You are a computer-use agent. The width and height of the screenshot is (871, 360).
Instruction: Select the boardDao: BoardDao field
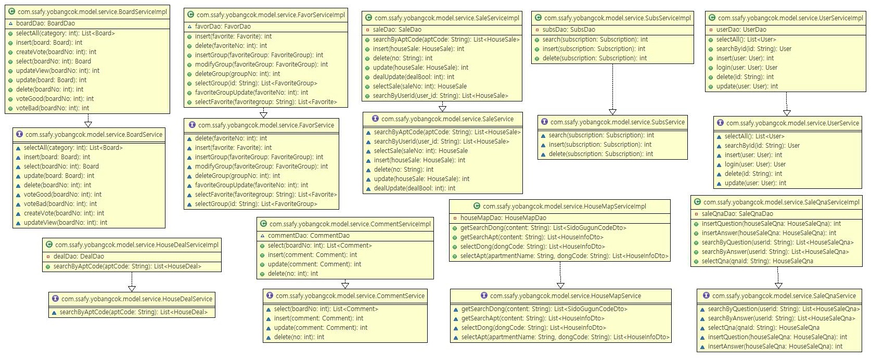click(x=45, y=23)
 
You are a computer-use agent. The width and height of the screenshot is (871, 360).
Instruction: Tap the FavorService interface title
click(x=266, y=125)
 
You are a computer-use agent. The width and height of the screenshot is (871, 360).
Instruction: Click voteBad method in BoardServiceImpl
click(x=52, y=108)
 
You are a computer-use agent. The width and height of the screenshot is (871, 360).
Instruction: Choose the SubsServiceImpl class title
click(x=617, y=18)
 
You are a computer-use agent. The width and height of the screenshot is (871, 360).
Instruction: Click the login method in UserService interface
click(x=755, y=164)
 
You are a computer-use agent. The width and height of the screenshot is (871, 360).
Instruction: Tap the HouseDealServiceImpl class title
click(x=137, y=245)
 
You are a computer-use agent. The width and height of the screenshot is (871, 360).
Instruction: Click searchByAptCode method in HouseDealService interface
click(x=133, y=312)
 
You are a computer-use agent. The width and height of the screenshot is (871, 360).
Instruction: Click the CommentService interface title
click(x=350, y=296)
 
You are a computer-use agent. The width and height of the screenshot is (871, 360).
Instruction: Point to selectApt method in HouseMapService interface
click(x=565, y=337)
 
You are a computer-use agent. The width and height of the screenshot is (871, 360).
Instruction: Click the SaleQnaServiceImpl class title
click(x=781, y=202)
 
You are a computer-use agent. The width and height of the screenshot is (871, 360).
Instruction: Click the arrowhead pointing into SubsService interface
click(x=612, y=112)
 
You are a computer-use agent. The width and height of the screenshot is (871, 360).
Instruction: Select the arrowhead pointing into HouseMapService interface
click(x=560, y=285)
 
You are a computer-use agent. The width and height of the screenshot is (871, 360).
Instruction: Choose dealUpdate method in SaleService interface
click(x=414, y=188)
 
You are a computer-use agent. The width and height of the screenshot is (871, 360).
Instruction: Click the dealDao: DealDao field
click(x=79, y=256)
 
